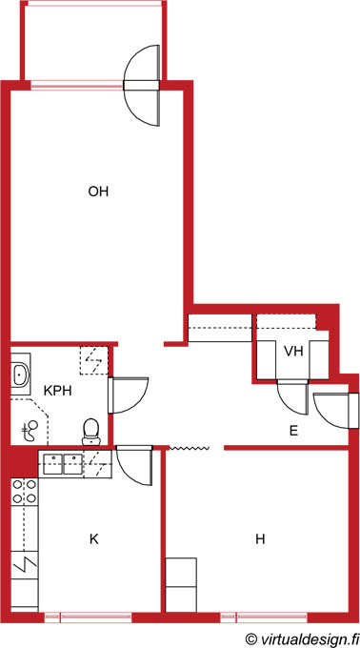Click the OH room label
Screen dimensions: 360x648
(98, 192)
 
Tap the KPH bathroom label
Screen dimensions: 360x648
(58, 391)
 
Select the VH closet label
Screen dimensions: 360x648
(293, 352)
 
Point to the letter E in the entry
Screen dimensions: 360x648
(293, 432)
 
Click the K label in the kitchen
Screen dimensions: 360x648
(94, 539)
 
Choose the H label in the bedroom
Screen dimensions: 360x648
(260, 539)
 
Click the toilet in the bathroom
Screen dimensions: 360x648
(90, 432)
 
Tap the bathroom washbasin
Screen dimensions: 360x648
(21, 375)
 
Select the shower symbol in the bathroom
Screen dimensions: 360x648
(29, 432)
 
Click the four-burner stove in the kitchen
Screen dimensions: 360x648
(25, 491)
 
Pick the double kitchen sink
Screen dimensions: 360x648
(62, 464)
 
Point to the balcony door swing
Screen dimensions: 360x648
(142, 86)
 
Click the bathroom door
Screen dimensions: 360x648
(129, 395)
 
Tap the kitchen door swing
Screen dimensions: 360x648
(134, 465)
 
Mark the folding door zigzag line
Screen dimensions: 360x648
(190, 448)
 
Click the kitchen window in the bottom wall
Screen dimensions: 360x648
(88, 618)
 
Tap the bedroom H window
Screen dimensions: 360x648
(264, 618)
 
